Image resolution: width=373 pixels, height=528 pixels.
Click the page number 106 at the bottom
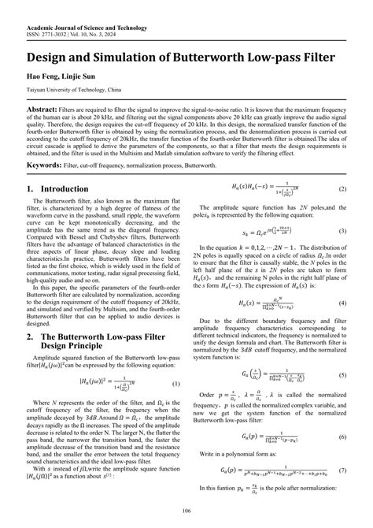(186, 511)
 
